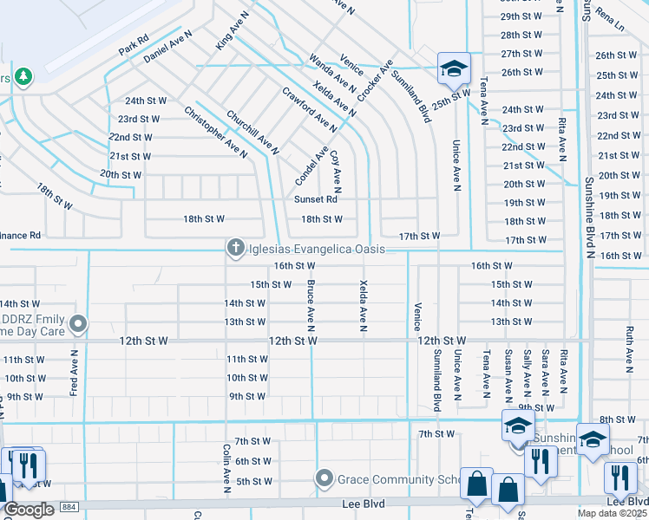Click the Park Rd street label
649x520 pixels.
pyautogui.click(x=134, y=45)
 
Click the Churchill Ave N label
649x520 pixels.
pyautogui.click(x=252, y=133)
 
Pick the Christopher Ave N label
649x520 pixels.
pyautogui.click(x=216, y=133)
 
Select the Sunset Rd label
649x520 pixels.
pyautogui.click(x=315, y=199)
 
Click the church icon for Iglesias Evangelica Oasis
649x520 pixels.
pyautogui.click(x=234, y=249)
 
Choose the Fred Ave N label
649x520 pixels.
pyautogui.click(x=75, y=374)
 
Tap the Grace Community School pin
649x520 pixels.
pyautogui.click(x=324, y=478)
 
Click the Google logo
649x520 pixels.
pyautogui.click(x=29, y=509)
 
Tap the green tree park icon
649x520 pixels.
pyautogui.click(x=23, y=77)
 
